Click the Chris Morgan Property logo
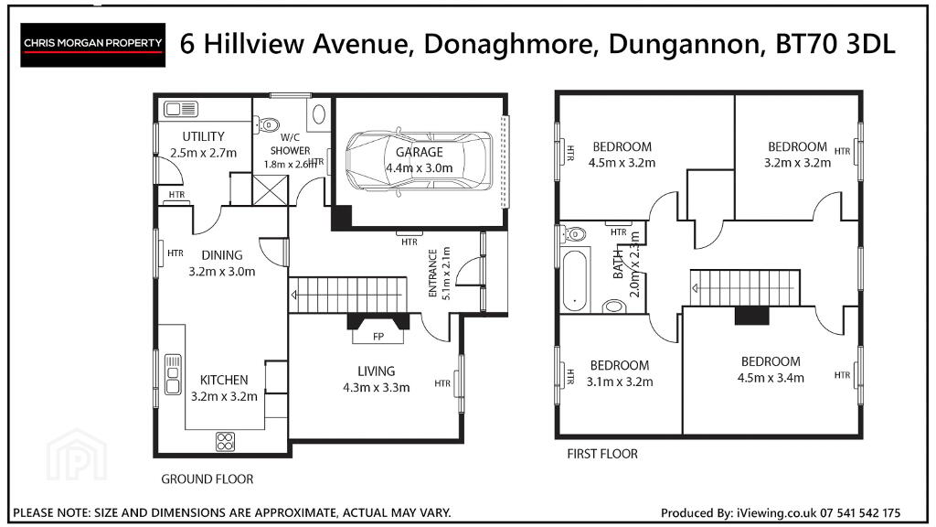click(92, 45)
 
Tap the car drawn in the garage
click(419, 161)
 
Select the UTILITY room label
click(204, 136)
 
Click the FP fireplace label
click(378, 337)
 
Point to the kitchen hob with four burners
click(225, 442)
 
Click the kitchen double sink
click(173, 374)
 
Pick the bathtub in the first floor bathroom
click(575, 280)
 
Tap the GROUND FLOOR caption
click(207, 479)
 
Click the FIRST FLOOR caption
click(602, 454)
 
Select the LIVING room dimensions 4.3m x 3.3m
click(376, 387)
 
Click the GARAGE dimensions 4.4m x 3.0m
click(419, 168)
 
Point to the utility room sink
click(181, 110)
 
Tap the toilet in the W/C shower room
click(267, 124)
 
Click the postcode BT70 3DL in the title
click(835, 44)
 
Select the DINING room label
click(222, 255)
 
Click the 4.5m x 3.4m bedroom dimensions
click(771, 378)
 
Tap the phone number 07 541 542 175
click(860, 512)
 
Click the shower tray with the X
click(270, 190)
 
